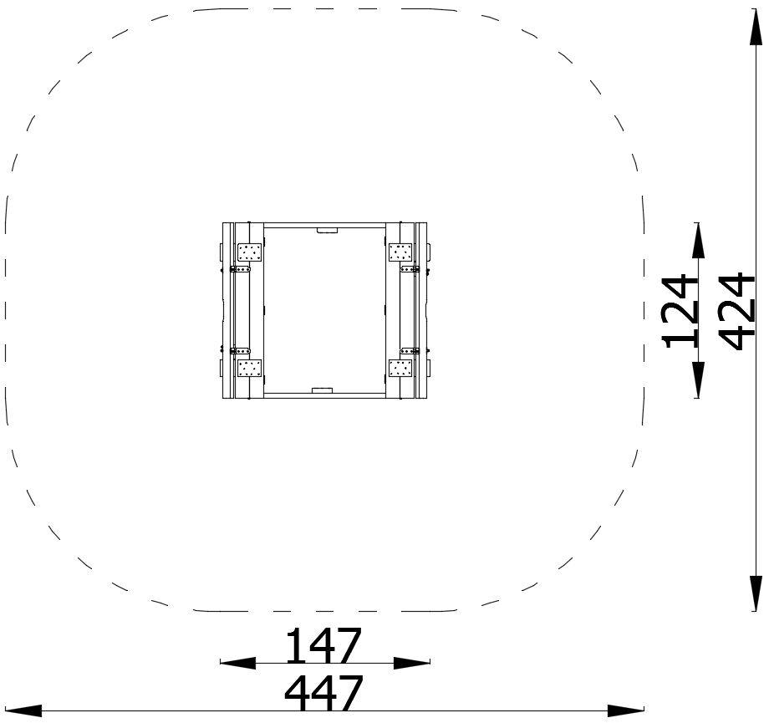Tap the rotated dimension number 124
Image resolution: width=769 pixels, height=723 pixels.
click(680, 312)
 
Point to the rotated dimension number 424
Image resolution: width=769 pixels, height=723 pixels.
click(736, 312)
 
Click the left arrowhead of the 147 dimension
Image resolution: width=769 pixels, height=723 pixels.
click(238, 663)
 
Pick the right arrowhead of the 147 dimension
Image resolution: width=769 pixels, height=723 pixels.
click(412, 663)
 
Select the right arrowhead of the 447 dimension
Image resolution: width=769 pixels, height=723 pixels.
click(625, 710)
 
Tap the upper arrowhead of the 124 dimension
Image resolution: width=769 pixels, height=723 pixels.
click(698, 241)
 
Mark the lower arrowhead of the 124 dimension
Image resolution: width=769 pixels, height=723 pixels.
click(698, 379)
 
